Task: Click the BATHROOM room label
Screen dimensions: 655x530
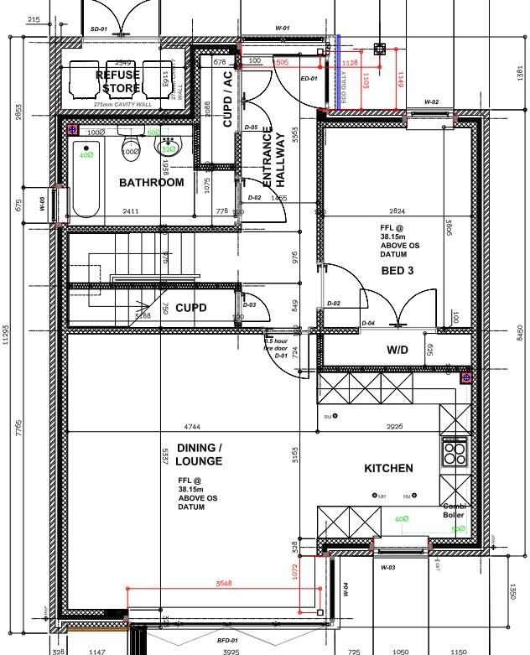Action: [x=151, y=182]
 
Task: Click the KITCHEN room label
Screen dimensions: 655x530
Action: [x=388, y=468]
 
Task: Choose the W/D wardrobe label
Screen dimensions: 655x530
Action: [x=397, y=349]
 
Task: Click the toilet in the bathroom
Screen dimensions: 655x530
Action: [x=131, y=148]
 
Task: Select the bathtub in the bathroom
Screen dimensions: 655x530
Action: [x=86, y=179]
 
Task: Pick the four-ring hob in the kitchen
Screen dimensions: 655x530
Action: [x=455, y=454]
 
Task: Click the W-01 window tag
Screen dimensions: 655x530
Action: [x=283, y=29]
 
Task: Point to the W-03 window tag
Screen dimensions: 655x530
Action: [x=388, y=568]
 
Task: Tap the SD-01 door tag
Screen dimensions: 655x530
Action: [x=98, y=29]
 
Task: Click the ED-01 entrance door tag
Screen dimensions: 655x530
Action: [x=309, y=79]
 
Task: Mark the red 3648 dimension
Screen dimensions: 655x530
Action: [x=223, y=583]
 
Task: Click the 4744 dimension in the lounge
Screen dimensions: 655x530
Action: [x=192, y=427]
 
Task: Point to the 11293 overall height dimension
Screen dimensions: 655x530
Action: [x=7, y=335]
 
